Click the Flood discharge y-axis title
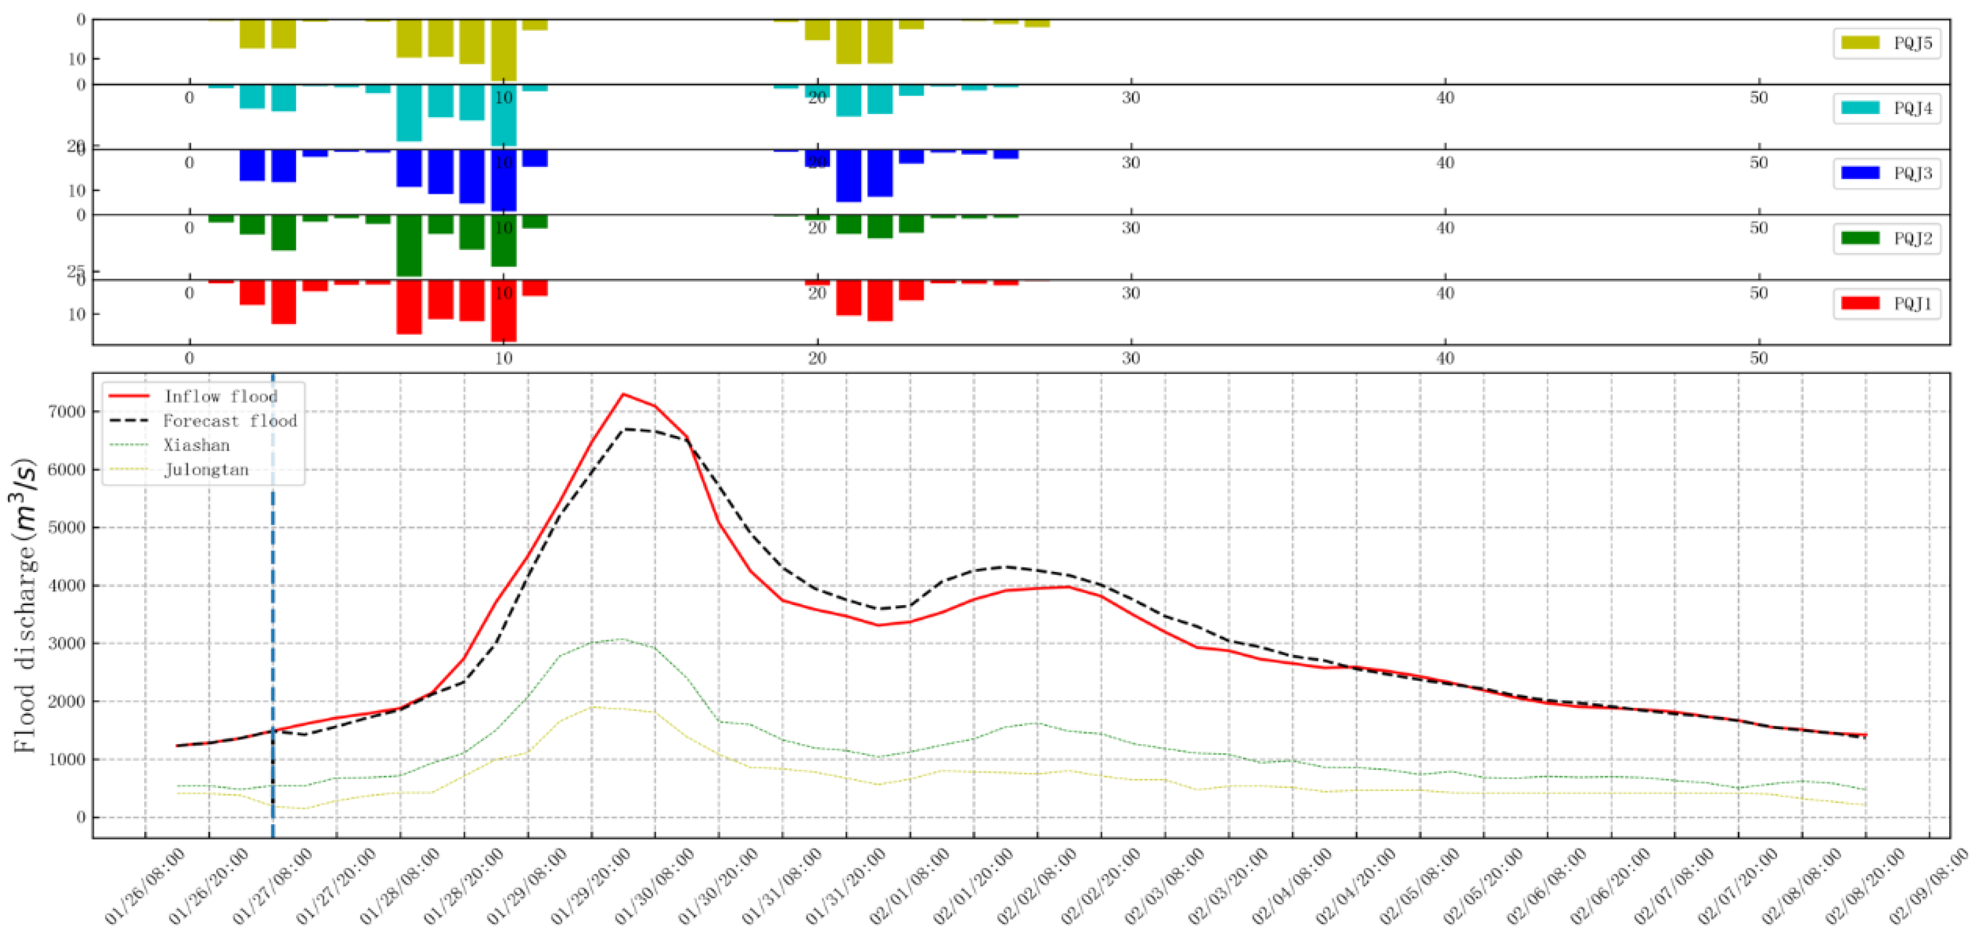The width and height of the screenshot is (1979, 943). point(25,607)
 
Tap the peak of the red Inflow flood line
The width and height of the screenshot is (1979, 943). point(623,394)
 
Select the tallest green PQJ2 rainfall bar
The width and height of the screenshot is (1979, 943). point(409,246)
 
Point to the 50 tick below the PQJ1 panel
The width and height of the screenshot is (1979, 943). point(1759,359)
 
